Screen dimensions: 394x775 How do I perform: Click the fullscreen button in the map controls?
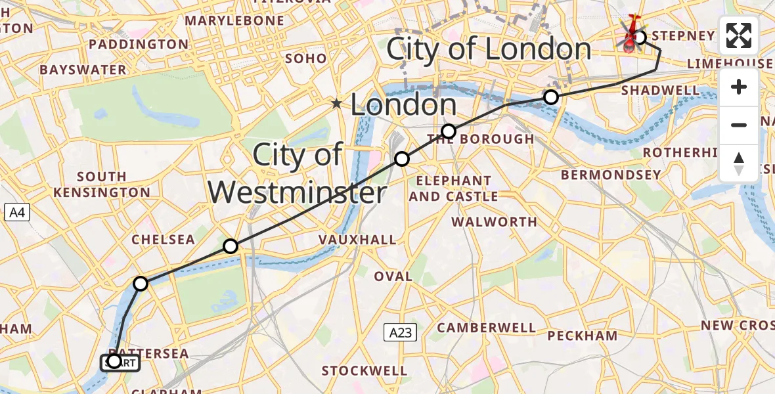(739, 35)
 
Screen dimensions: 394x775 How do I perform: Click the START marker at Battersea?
(120, 362)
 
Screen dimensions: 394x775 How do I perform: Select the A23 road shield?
(400, 333)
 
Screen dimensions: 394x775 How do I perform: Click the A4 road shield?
(17, 212)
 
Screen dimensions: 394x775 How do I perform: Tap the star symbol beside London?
(337, 104)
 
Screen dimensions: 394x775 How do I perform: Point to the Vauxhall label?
(357, 240)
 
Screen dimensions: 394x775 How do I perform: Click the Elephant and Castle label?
(453, 188)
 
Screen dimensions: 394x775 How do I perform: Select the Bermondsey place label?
(611, 175)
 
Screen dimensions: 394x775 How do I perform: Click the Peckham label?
(583, 336)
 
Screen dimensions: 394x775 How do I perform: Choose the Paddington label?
(138, 44)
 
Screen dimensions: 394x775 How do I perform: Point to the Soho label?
(305, 58)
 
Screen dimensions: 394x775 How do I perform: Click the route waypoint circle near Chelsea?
(231, 246)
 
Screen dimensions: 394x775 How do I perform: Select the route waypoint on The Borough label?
(449, 131)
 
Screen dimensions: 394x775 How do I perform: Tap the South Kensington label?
(102, 185)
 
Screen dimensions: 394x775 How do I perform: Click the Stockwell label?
(365, 370)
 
